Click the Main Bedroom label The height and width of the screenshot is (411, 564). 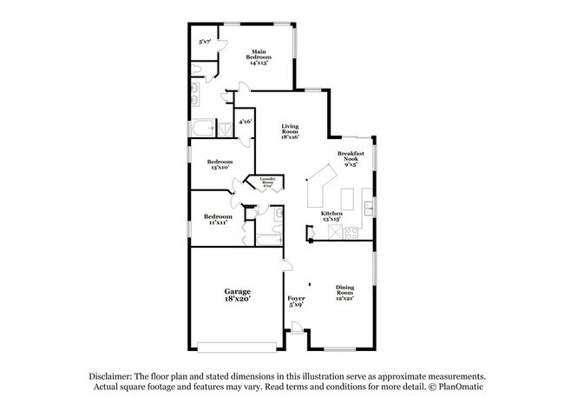coord(258,57)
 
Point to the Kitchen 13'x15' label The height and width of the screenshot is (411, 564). coord(332,215)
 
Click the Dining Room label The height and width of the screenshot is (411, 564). coord(345,292)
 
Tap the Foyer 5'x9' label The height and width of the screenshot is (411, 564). coord(296,301)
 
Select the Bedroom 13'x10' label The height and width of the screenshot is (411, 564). coord(220,164)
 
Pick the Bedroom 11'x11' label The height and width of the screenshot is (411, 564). coord(218,219)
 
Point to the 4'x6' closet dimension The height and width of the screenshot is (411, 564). coord(246,123)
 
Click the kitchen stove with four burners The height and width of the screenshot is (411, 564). coord(351,232)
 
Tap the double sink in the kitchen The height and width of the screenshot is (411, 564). coord(369,208)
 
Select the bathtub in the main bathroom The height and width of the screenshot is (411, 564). coord(201,130)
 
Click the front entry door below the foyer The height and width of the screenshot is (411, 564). coord(296,329)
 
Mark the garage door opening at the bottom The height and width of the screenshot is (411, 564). coord(226,348)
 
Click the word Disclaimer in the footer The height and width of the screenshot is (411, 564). coord(114,374)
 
